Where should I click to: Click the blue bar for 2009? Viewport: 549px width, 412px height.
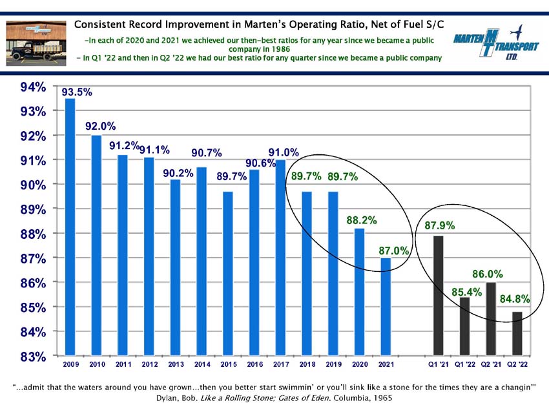coord(70,227)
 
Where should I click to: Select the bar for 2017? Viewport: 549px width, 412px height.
coord(280,257)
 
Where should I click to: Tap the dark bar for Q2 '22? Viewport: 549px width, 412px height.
coord(517,333)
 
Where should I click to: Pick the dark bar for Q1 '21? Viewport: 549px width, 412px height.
coord(439,295)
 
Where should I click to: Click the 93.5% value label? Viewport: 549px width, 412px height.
coord(77,92)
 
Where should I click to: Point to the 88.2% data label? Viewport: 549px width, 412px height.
coord(362,220)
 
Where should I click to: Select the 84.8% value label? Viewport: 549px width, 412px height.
coord(515,298)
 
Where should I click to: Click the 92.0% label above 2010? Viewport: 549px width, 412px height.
coord(101,126)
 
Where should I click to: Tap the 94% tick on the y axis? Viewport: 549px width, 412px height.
coord(33,87)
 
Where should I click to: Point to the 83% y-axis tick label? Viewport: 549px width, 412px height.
coord(33,356)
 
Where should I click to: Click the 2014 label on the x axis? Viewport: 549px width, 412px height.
coord(202,364)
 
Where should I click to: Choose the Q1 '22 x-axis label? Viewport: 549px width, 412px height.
coord(464,364)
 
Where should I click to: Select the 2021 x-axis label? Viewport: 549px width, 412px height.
coord(386,364)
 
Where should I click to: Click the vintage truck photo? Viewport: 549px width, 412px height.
coord(36,43)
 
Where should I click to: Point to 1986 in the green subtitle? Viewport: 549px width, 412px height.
coord(281,49)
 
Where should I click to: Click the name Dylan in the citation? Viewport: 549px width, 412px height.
coord(167,398)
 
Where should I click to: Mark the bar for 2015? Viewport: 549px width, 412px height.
coord(228,273)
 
